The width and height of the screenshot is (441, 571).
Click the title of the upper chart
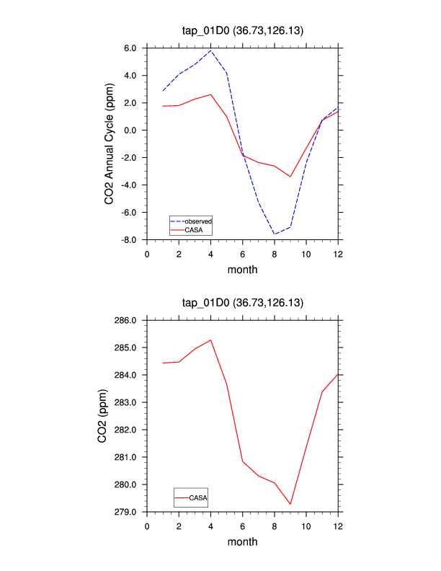[243, 31]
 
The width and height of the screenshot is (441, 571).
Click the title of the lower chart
[243, 304]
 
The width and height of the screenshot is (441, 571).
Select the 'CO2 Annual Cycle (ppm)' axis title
[110, 144]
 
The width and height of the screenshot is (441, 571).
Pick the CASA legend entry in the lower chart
[200, 497]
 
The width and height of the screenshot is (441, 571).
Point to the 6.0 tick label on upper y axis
[130, 48]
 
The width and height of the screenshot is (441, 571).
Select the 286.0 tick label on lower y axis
[125, 320]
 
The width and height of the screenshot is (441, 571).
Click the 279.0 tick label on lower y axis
[125, 512]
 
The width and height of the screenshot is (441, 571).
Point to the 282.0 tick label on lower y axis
[125, 430]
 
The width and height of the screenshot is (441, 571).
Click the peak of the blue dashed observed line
[210, 50]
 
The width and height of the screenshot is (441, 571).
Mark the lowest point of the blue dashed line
[275, 234]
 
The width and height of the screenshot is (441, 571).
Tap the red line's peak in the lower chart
[210, 340]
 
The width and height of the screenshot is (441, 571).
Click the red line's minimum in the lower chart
[290, 505]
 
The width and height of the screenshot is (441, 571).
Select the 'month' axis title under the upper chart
[242, 270]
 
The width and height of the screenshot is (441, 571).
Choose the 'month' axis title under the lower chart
[242, 542]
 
